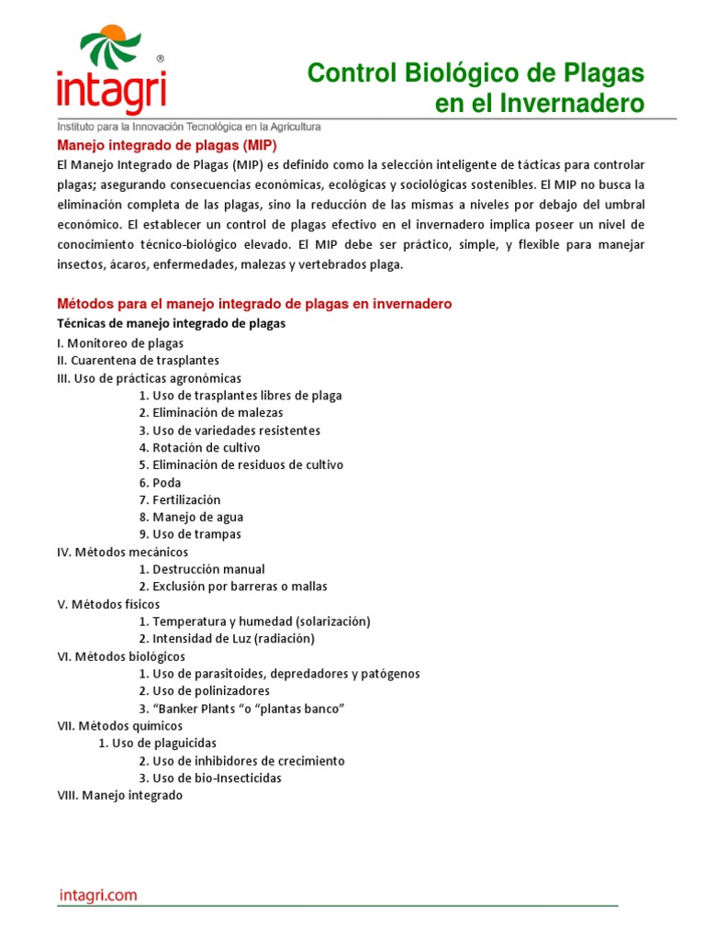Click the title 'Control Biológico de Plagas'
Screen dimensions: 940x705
(476, 73)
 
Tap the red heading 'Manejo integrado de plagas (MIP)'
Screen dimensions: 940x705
(167, 145)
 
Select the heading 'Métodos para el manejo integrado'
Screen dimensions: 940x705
(254, 304)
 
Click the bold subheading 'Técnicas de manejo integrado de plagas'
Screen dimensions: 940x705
(171, 323)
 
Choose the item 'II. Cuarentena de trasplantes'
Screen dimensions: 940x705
(138, 361)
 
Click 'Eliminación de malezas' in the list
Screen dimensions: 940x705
(211, 413)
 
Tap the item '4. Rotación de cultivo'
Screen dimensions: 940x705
(199, 448)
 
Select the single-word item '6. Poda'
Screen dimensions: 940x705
(160, 483)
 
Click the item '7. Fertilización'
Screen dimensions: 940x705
(180, 500)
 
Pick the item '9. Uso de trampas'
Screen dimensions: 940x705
(190, 534)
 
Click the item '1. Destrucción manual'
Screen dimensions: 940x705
(202, 569)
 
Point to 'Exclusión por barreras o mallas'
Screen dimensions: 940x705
(233, 587)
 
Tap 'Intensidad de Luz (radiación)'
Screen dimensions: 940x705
(227, 639)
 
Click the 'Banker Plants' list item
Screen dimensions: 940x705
(241, 710)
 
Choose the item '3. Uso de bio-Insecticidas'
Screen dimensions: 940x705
(210, 778)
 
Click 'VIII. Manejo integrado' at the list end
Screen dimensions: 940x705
(119, 796)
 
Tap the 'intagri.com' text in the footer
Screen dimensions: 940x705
(97, 895)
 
